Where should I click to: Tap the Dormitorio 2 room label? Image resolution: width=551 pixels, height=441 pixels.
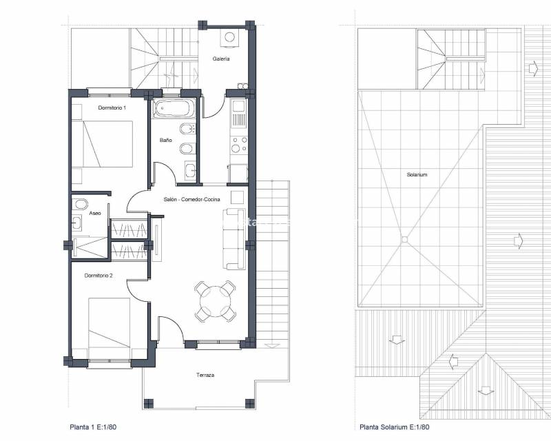click(x=98, y=275)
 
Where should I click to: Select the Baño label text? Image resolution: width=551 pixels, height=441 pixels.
click(x=165, y=141)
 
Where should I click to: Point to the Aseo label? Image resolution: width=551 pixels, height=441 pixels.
click(x=96, y=214)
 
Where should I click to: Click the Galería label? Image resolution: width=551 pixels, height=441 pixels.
click(x=221, y=59)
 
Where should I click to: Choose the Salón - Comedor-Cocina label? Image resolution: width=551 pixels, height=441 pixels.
click(x=192, y=199)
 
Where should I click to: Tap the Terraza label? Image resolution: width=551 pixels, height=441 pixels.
click(x=205, y=376)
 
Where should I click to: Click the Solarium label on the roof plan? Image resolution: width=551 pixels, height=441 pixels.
click(x=417, y=174)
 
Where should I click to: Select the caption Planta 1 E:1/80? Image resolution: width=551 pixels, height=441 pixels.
click(x=97, y=427)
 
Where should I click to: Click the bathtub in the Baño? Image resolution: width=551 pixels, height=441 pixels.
click(x=174, y=107)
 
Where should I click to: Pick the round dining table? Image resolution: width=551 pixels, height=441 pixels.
click(x=214, y=301)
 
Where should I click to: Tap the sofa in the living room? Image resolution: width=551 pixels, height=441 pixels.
click(x=233, y=238)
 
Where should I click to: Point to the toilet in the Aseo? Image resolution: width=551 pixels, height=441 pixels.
click(x=80, y=204)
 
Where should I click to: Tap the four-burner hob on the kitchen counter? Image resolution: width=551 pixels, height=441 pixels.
click(x=238, y=145)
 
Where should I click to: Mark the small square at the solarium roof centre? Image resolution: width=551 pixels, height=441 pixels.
click(x=405, y=240)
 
